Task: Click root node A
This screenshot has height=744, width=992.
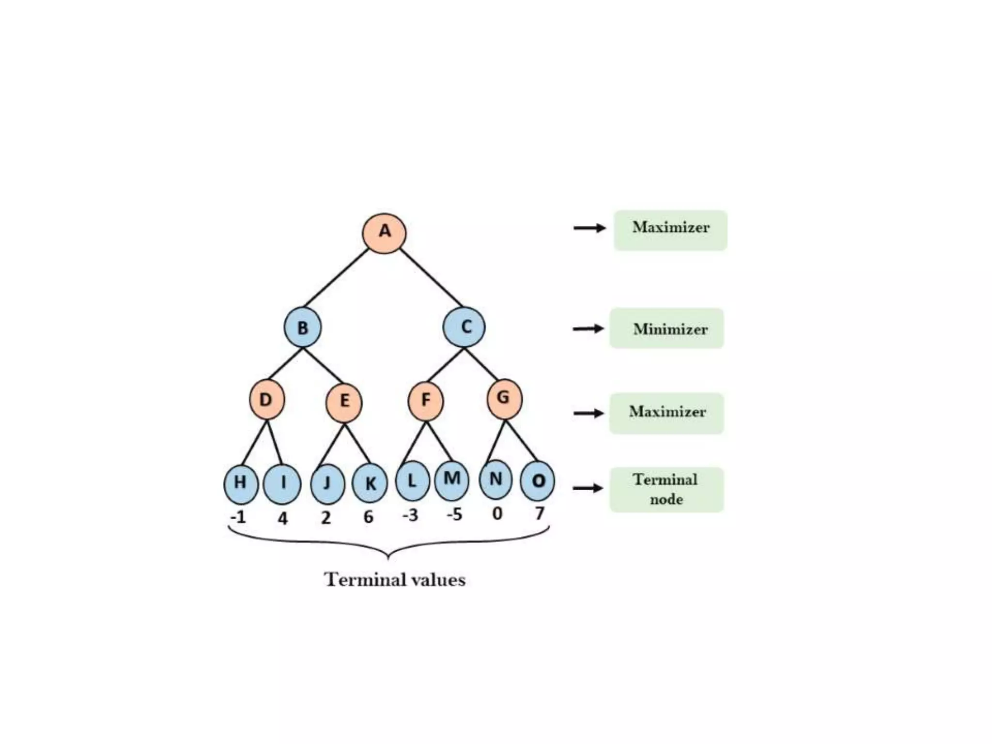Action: click(384, 232)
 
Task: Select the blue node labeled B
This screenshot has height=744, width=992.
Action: click(303, 327)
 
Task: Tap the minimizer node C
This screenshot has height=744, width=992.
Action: click(464, 327)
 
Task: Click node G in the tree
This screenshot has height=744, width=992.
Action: click(504, 399)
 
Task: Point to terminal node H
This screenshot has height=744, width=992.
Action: click(241, 484)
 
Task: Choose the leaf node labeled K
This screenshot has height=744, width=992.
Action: click(370, 483)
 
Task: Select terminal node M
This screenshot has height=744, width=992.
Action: click(451, 480)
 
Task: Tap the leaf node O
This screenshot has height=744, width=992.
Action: click(538, 481)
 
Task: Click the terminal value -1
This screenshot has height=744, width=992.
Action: click(238, 517)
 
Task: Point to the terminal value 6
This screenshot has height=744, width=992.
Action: click(369, 517)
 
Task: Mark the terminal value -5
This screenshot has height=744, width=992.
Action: click(454, 514)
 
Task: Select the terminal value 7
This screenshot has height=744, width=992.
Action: click(539, 513)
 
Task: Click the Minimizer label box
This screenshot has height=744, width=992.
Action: click(666, 328)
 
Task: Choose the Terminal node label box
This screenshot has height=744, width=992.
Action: click(666, 490)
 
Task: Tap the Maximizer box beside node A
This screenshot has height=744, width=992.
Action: click(670, 230)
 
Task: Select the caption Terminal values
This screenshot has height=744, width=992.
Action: click(395, 580)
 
